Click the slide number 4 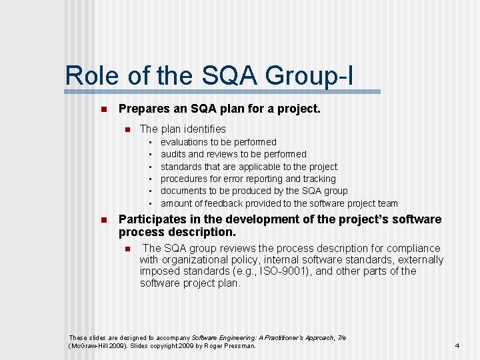coord(457,346)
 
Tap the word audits coord(173,154)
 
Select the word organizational coord(191,259)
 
